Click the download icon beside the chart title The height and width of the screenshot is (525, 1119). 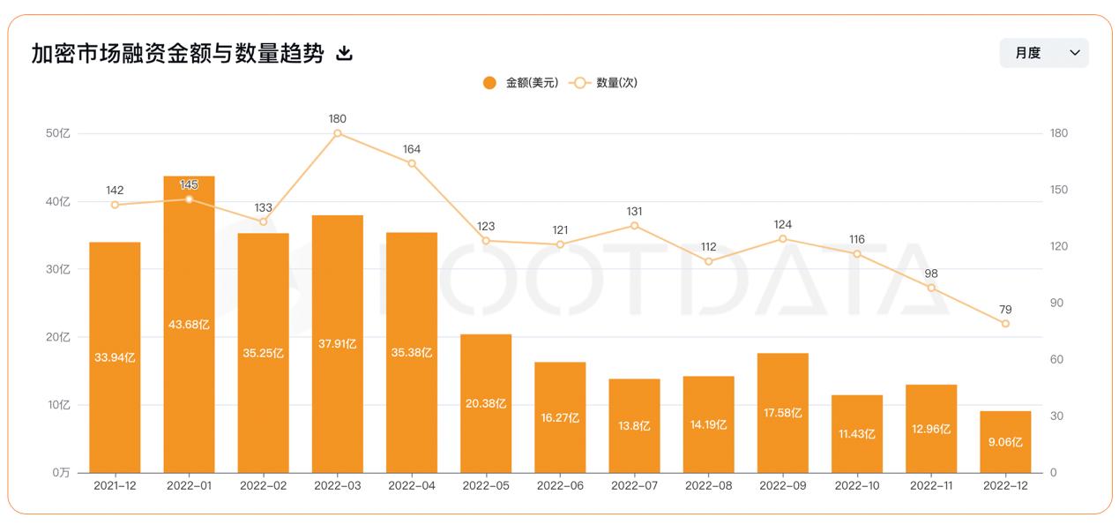(x=345, y=54)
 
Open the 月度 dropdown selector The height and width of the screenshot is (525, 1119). (x=1044, y=53)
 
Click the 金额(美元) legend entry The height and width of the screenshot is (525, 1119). (x=520, y=83)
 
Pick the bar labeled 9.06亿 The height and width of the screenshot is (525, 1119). (x=1005, y=441)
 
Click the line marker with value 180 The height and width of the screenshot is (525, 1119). (x=338, y=133)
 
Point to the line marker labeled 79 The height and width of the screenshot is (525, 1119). (x=1005, y=324)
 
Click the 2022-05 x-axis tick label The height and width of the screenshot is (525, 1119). (x=486, y=485)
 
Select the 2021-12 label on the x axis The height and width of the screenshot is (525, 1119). (x=115, y=485)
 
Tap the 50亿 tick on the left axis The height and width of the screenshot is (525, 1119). (x=58, y=133)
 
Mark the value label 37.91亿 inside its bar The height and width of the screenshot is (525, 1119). (x=338, y=344)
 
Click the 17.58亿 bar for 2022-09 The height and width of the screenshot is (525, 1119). (x=783, y=413)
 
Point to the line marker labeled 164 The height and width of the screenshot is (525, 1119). (x=412, y=163)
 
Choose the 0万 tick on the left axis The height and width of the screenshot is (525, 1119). (x=61, y=473)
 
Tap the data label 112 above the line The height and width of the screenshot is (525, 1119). (x=708, y=247)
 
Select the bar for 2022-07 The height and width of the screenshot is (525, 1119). (x=634, y=425)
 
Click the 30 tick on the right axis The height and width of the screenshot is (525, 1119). (x=1056, y=416)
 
